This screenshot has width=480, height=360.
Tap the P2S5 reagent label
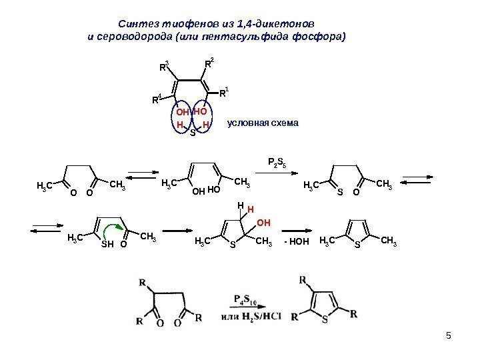[277, 161]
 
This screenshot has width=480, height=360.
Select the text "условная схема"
[263, 123]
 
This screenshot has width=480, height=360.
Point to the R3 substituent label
[163, 67]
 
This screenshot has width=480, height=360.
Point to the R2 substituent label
[209, 64]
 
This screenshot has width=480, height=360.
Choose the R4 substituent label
[155, 100]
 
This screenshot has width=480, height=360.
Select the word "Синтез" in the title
[129, 24]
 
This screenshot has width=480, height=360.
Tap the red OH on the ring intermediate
[264, 221]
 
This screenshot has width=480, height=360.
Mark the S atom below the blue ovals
[193, 133]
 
